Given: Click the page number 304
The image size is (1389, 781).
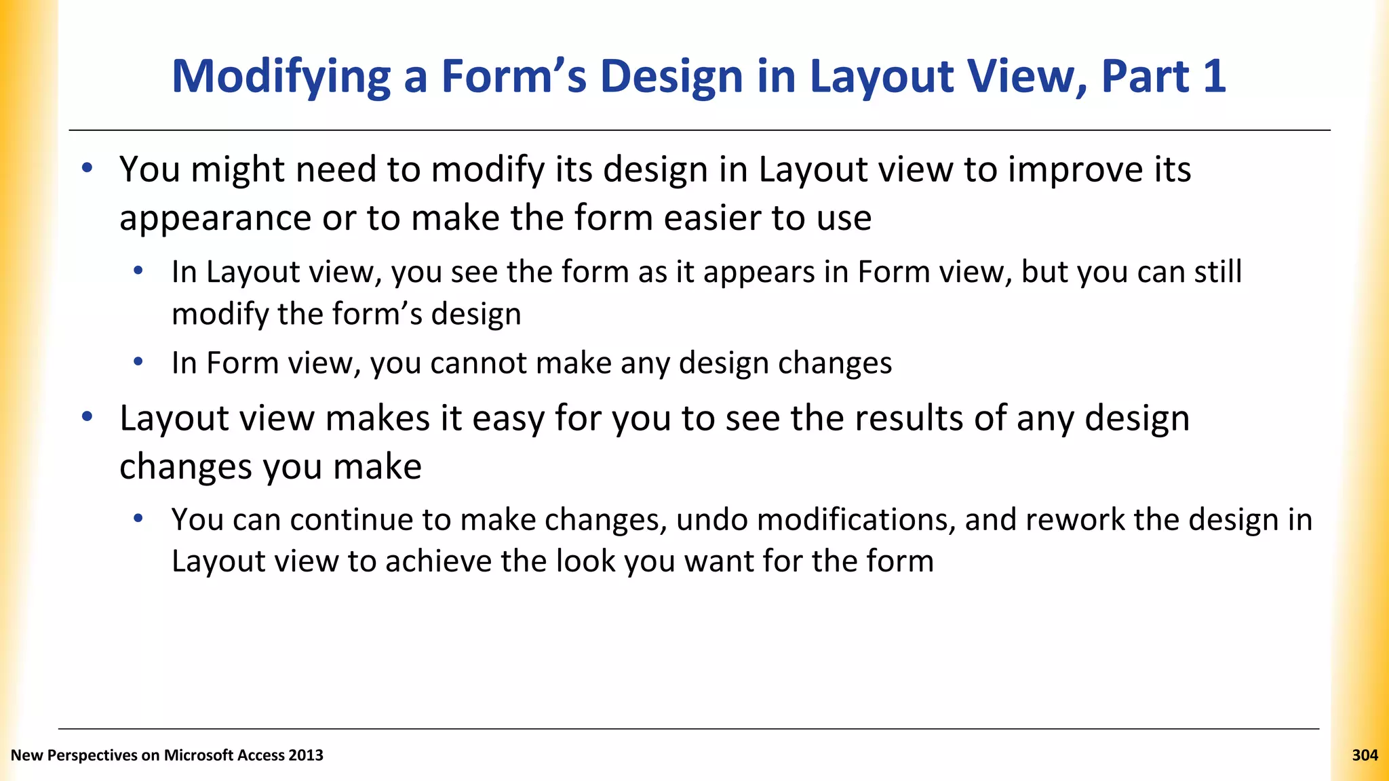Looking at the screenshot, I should pyautogui.click(x=1365, y=755).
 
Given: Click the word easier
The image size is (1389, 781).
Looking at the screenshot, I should pyautogui.click(x=711, y=218).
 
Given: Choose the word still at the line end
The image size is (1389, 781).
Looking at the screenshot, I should pyautogui.click(x=1218, y=273).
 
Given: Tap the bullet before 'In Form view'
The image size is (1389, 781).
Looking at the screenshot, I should pyautogui.click(x=138, y=362).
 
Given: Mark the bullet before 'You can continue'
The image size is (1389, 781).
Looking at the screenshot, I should pyautogui.click(x=138, y=519).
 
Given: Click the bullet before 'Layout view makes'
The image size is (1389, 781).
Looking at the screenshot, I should pyautogui.click(x=87, y=416).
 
